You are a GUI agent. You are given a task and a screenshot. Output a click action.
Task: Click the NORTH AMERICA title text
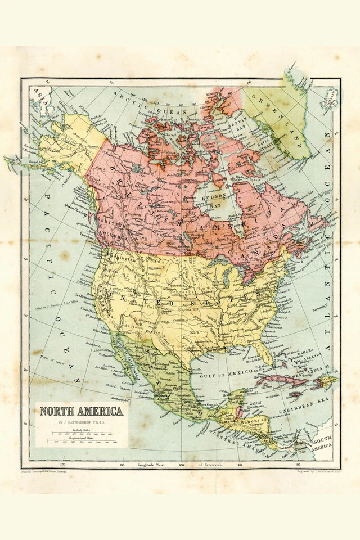(x=81, y=411)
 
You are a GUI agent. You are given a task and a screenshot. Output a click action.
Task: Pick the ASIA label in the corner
(x=39, y=93)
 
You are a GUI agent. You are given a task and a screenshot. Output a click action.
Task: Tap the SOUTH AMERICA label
(x=320, y=443)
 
